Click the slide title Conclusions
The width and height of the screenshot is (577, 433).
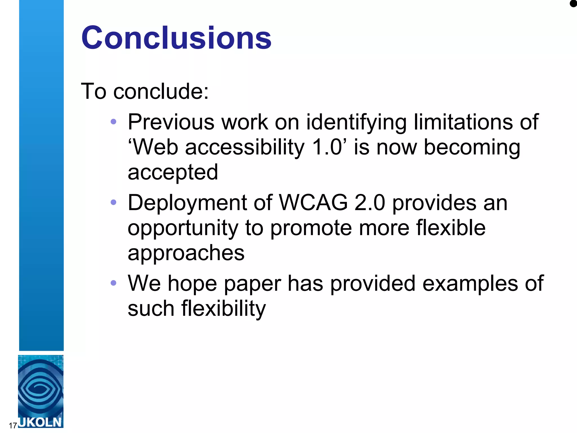(x=176, y=38)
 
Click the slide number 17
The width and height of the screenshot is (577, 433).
(x=13, y=425)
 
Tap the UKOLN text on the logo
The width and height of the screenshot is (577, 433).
(x=40, y=422)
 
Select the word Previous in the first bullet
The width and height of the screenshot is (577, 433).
(x=171, y=122)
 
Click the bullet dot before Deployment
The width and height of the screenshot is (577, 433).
(x=114, y=202)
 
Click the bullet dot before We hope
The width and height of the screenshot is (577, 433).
(x=114, y=283)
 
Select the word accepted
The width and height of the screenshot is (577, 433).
(x=173, y=172)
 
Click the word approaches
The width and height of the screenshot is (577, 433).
(x=186, y=253)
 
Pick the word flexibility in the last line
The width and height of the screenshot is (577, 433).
(x=223, y=308)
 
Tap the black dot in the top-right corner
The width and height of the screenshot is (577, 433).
(x=573, y=4)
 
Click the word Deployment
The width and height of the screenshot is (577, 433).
(x=187, y=203)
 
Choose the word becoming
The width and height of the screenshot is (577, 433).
(x=472, y=147)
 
